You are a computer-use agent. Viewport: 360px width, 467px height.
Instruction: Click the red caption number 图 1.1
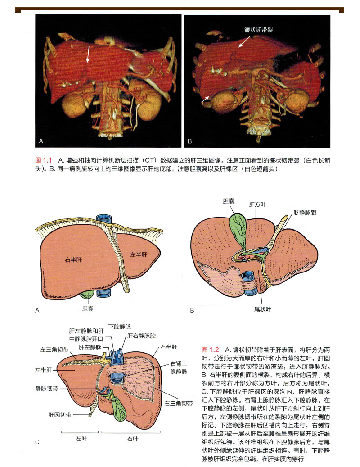(44, 160)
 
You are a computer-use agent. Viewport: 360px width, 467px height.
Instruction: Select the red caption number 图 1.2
(211, 349)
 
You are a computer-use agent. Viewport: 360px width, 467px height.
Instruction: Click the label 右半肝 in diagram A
(72, 260)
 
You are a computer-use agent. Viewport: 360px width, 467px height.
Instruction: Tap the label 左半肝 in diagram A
(139, 254)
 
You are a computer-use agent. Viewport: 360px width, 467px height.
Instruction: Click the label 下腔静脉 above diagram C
(121, 326)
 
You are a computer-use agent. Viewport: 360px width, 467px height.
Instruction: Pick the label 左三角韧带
(54, 349)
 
